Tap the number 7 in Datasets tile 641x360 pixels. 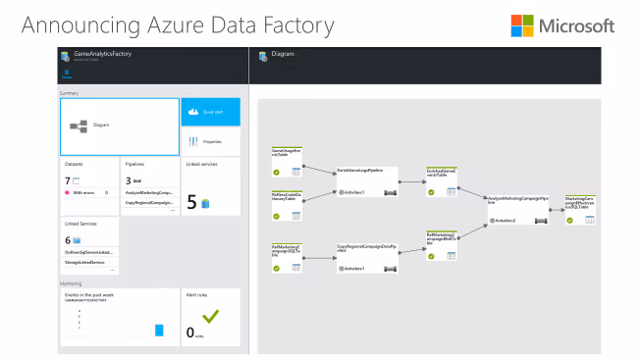[x=68, y=180]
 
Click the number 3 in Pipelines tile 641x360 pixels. [x=129, y=180]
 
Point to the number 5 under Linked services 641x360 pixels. [x=191, y=202]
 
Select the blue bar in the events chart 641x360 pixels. [x=159, y=330]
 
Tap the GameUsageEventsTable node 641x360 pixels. [x=287, y=163]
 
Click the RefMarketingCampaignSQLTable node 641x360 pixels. [x=287, y=257]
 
